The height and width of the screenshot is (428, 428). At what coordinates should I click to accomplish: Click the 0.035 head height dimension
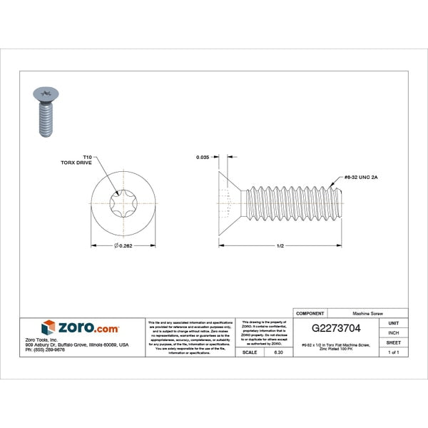pos(203,156)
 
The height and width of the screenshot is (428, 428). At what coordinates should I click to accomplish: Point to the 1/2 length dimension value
pos(280,246)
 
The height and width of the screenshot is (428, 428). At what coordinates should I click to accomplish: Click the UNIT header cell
pos(394,323)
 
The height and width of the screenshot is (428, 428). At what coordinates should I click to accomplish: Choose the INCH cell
pos(394,332)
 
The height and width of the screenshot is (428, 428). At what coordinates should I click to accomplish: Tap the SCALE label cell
pos(250,352)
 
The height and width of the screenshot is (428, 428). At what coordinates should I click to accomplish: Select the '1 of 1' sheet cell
pos(394,352)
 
